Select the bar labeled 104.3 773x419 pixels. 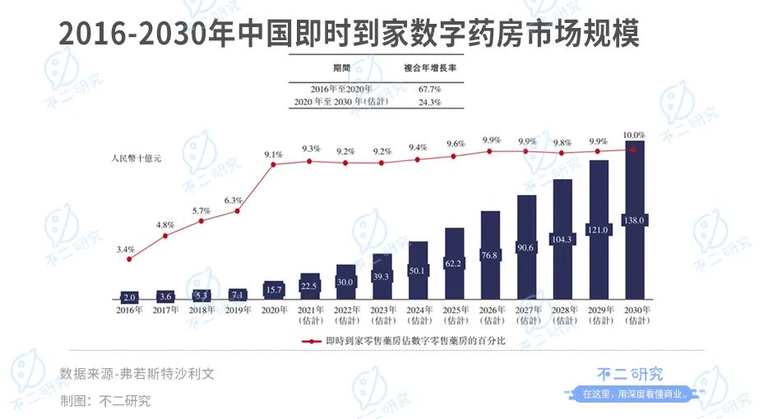click(x=562, y=239)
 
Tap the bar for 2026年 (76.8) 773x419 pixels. click(x=490, y=255)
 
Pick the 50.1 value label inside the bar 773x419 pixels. click(x=418, y=271)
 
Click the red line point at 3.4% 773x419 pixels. click(x=129, y=259)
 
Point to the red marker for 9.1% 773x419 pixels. click(x=274, y=164)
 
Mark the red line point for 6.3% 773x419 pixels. click(x=238, y=211)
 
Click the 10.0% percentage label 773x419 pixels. click(x=634, y=134)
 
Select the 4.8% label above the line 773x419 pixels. click(x=164, y=224)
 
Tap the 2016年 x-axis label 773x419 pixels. click(x=129, y=310)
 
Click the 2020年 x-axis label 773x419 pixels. click(x=274, y=310)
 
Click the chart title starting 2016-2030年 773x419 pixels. click(x=349, y=33)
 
